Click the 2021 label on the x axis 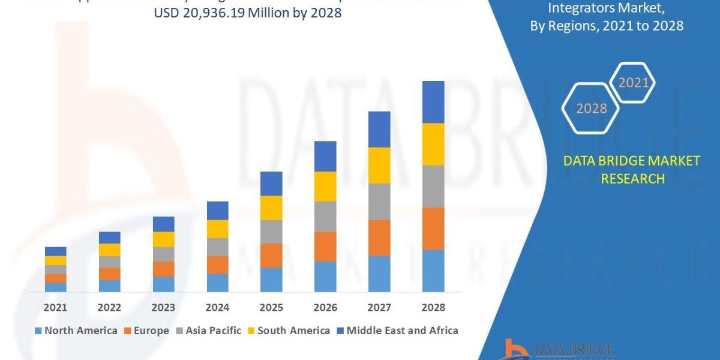click(x=56, y=307)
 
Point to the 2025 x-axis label click(x=271, y=307)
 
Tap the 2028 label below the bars click(x=433, y=307)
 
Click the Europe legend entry click(x=147, y=331)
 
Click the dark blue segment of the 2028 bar click(x=433, y=102)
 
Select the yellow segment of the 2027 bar click(x=379, y=165)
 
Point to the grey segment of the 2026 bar click(x=325, y=216)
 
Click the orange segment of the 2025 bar click(x=271, y=256)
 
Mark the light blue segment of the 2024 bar click(x=218, y=283)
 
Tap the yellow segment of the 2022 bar click(x=110, y=250)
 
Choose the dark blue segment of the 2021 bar click(x=56, y=251)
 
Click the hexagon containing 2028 click(x=591, y=109)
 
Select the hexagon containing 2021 click(x=633, y=83)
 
